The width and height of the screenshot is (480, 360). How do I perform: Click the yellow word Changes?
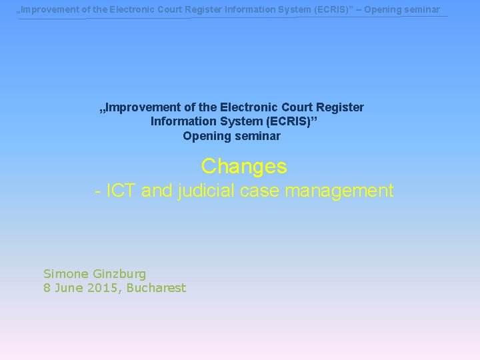(244, 166)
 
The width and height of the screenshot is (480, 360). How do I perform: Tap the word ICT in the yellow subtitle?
(122, 191)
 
